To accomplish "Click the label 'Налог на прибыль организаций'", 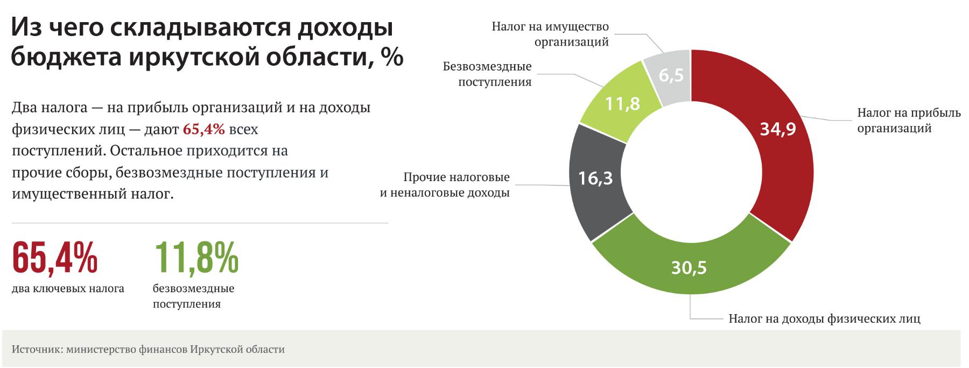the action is (909, 121).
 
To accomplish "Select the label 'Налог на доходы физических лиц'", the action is (824, 318).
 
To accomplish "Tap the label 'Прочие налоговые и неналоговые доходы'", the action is (445, 185).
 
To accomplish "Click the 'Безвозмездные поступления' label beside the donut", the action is (487, 74).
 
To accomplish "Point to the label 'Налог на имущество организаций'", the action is (550, 34).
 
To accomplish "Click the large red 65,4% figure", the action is (54, 258).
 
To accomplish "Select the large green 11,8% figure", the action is (196, 258).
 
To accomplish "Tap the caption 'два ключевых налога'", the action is (68, 289).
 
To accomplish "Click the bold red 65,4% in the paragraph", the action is (204, 129).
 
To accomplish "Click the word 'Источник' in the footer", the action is (35, 349).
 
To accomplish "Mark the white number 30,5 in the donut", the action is (689, 268).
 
